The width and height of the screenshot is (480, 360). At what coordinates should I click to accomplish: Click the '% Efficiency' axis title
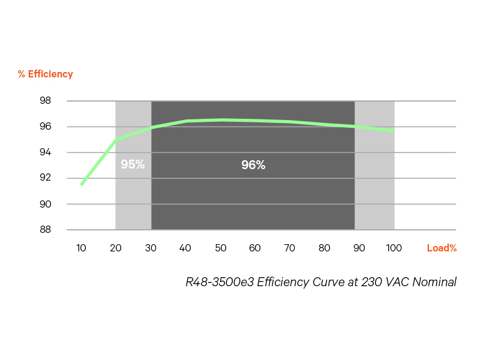point(45,74)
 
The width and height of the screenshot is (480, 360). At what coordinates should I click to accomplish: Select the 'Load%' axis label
point(442,248)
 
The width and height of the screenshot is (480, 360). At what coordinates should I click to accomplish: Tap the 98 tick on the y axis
point(46,101)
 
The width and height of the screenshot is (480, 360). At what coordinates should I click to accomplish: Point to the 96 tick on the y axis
point(46,127)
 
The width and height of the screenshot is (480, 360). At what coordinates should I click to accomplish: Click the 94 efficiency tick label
point(46,152)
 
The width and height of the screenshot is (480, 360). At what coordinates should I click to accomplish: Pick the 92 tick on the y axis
point(46,178)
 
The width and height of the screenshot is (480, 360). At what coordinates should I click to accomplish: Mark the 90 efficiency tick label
point(46,204)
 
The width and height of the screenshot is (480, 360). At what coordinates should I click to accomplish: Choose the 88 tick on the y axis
point(46,230)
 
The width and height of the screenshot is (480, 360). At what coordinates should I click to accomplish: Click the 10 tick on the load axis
point(81,248)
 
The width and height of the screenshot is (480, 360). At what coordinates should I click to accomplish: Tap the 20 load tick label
point(116,248)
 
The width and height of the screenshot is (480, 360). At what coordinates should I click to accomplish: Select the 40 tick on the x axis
point(185,248)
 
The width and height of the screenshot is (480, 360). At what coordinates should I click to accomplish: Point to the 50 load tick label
point(220,248)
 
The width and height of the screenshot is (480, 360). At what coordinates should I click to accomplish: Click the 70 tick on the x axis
point(290,248)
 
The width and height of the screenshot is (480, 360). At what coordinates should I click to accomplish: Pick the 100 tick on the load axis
point(394,248)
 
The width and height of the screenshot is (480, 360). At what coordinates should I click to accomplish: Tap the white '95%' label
point(133,164)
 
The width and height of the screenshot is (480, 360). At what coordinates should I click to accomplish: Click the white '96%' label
point(253,165)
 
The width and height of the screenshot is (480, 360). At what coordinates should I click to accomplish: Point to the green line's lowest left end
point(81,184)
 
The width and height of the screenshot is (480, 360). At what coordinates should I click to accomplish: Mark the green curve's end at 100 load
point(394,131)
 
